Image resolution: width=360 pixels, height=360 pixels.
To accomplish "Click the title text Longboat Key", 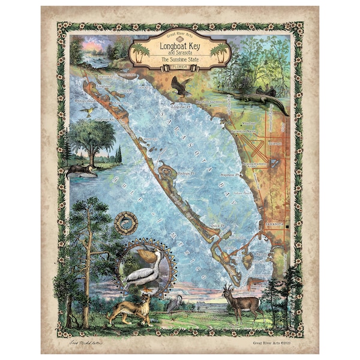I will click(179, 46).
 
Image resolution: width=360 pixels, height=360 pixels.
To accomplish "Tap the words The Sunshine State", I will click(179, 60).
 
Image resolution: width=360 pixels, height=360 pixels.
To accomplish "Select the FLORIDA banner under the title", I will click(179, 68).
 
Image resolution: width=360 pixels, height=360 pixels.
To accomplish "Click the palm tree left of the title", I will click(141, 51).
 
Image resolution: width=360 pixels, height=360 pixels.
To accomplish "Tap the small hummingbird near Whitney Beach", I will click(90, 112).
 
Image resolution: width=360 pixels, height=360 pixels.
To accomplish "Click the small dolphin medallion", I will click(126, 223).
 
